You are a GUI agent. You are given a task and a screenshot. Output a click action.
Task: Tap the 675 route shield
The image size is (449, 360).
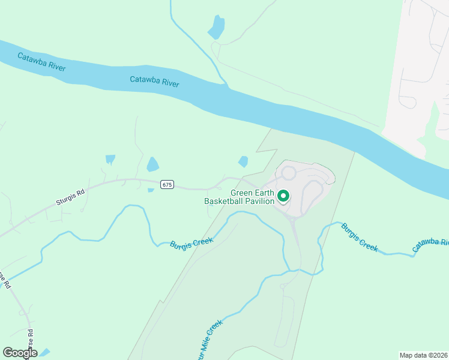pos(167,185)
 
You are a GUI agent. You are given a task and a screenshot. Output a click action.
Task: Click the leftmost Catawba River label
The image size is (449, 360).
pos(41,62)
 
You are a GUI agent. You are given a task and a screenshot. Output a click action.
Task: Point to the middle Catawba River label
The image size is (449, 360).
pos(154,81)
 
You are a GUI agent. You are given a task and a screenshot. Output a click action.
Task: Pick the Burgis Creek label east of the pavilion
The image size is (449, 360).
pos(360,237)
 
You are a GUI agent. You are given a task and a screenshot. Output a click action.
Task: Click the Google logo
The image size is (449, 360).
pos(20,353)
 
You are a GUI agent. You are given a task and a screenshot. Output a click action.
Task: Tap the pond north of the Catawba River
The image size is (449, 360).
pos(216,27)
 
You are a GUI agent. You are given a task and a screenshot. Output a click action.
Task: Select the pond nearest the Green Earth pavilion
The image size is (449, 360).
pos(243,161)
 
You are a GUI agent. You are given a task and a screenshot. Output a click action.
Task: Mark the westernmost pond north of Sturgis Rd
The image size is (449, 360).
pos(110,159)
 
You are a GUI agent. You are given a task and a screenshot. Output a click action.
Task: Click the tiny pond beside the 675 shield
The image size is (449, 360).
pos(151,190)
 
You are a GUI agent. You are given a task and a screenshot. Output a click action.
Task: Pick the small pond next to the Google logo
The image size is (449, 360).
pos(44,352)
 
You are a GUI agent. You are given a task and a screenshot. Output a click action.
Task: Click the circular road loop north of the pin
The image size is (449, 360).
pos(289,173)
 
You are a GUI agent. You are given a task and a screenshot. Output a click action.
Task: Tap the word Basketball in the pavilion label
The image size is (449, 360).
pos(223,201)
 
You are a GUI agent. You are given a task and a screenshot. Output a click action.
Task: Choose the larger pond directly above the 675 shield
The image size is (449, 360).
pos(153,164)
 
